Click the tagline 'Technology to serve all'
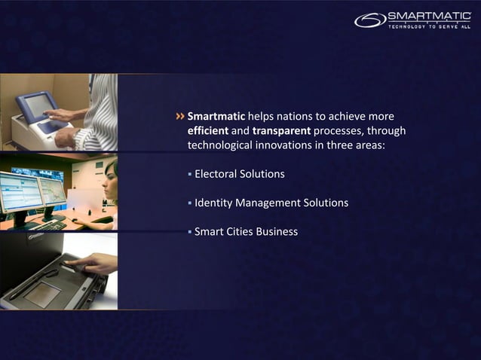click(428, 27)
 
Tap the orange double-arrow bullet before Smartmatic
click(179, 117)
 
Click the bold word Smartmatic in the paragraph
click(216, 117)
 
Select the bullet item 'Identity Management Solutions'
click(271, 203)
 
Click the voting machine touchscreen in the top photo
click(38, 105)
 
